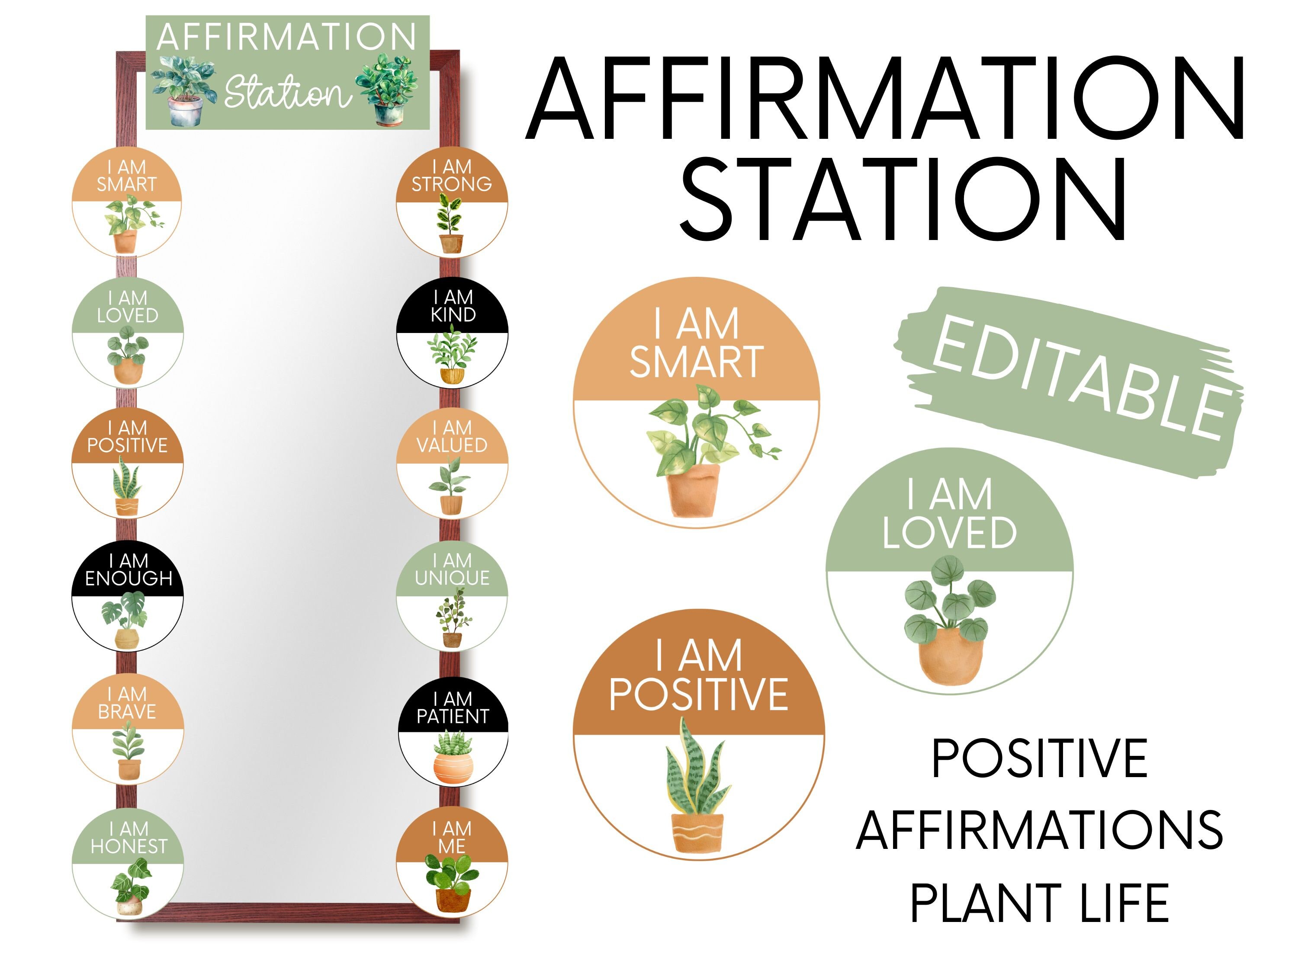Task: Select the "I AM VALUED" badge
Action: [x=451, y=463]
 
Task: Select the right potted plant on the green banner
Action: [x=388, y=89]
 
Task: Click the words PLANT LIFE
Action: [x=1039, y=904]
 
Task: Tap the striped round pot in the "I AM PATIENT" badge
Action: [x=453, y=767]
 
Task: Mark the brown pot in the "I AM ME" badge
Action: [x=453, y=899]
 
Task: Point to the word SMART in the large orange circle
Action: [x=697, y=362]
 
